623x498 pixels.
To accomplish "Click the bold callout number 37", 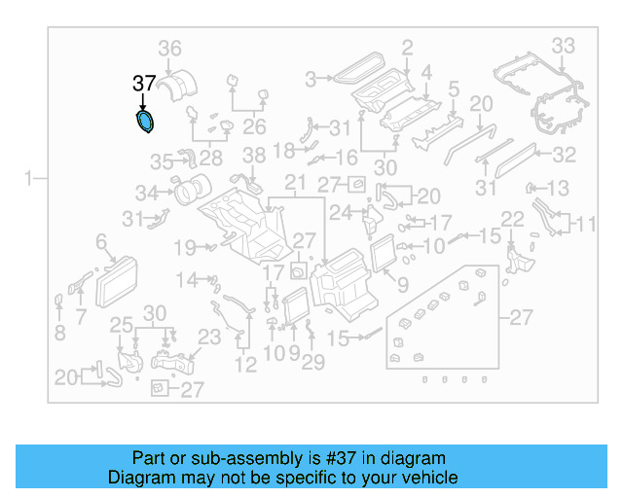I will [143, 85].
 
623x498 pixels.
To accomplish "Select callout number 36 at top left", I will [170, 49].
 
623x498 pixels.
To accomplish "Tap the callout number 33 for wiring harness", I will [564, 45].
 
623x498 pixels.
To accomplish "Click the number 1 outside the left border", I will [29, 178].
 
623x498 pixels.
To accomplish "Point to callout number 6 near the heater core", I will [100, 240].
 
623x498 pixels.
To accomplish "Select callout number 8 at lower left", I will [60, 334].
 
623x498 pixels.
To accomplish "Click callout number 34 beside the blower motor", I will [146, 192].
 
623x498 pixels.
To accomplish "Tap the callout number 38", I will [253, 156].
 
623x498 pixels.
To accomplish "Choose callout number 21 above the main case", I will [295, 184].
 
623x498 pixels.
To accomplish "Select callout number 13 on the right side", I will [559, 188].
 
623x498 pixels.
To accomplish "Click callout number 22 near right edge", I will [513, 220].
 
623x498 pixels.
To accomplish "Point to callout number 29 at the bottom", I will [312, 362].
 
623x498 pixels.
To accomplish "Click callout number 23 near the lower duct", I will [210, 337].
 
